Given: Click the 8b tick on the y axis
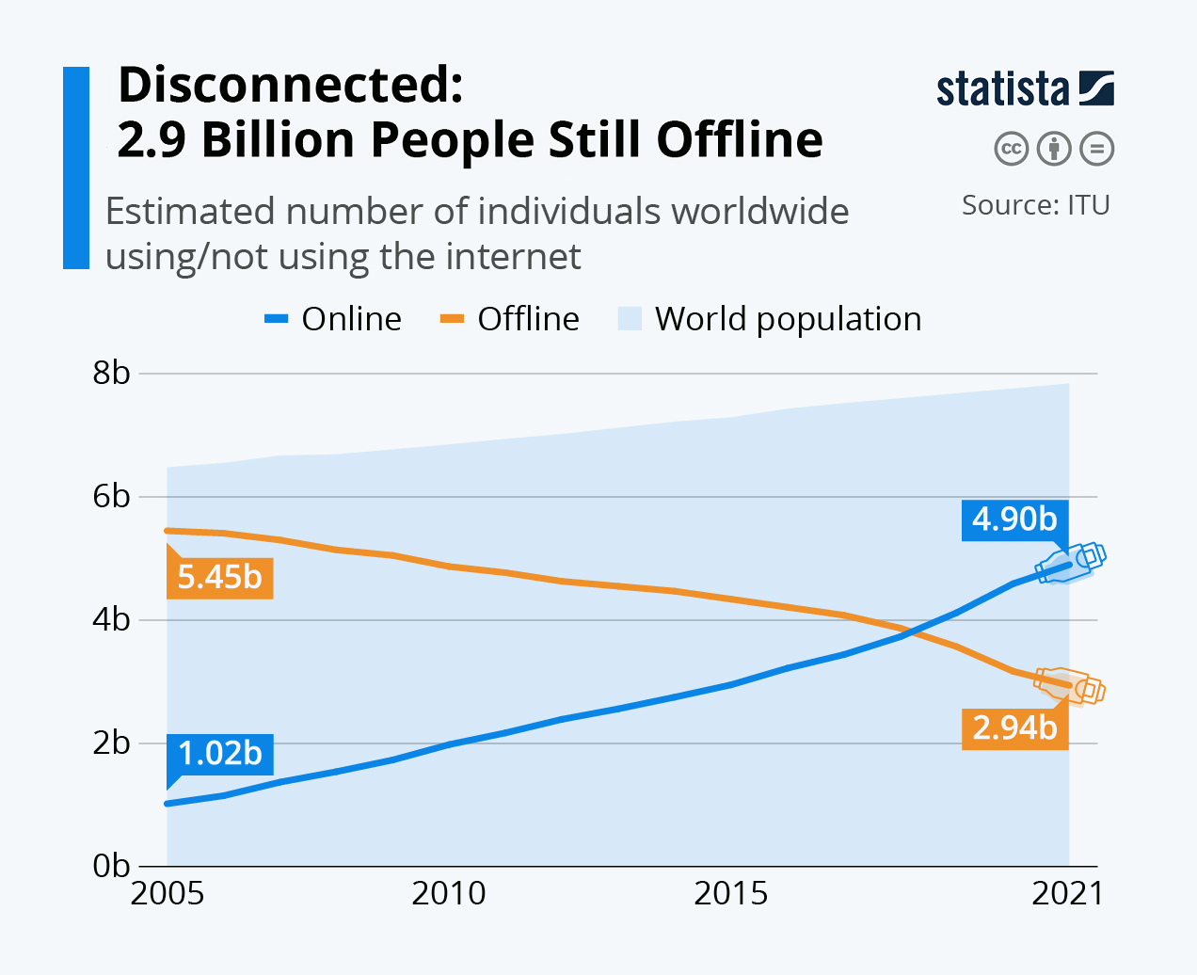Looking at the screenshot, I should pyautogui.click(x=111, y=373).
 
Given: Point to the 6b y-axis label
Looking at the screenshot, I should pyautogui.click(x=111, y=496).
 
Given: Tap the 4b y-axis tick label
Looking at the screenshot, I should pyautogui.click(x=111, y=619).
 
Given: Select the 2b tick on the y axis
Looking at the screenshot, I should pyautogui.click(x=111, y=743).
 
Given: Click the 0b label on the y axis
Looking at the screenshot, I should pyautogui.click(x=111, y=866).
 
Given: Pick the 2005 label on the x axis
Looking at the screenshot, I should pyautogui.click(x=168, y=893).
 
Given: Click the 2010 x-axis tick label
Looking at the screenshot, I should pyautogui.click(x=449, y=893).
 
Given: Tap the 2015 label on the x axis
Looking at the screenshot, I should pyautogui.click(x=731, y=893).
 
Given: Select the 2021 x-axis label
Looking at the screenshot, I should pyautogui.click(x=1067, y=893).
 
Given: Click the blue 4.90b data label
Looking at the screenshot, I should pyautogui.click(x=1014, y=519).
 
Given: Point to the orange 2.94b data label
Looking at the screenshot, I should pyautogui.click(x=1014, y=727).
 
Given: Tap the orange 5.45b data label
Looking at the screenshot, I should pyautogui.click(x=219, y=576).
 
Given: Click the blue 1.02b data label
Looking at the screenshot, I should pyautogui.click(x=219, y=754).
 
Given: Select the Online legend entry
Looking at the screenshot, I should pyautogui.click(x=334, y=319).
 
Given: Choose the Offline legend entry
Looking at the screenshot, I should pyautogui.click(x=510, y=319).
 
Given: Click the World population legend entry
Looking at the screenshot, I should pyautogui.click(x=770, y=319).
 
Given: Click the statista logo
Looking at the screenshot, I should pyautogui.click(x=1025, y=88).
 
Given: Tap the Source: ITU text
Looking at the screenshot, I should pyautogui.click(x=1035, y=205).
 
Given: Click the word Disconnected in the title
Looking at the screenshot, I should pyautogui.click(x=290, y=85).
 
